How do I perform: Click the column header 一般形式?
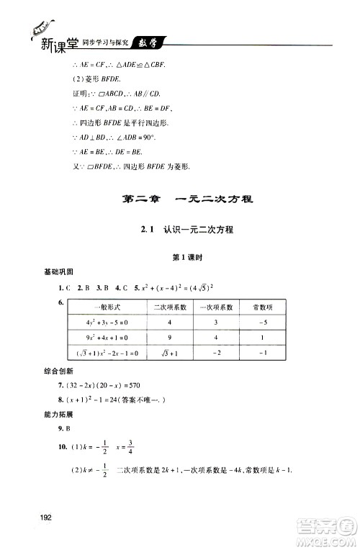[107, 307]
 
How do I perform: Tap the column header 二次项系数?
[170, 307]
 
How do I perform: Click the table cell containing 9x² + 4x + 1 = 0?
[106, 338]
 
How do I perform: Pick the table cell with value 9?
[170, 338]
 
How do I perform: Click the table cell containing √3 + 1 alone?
[170, 353]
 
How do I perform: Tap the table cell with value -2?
[215, 353]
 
